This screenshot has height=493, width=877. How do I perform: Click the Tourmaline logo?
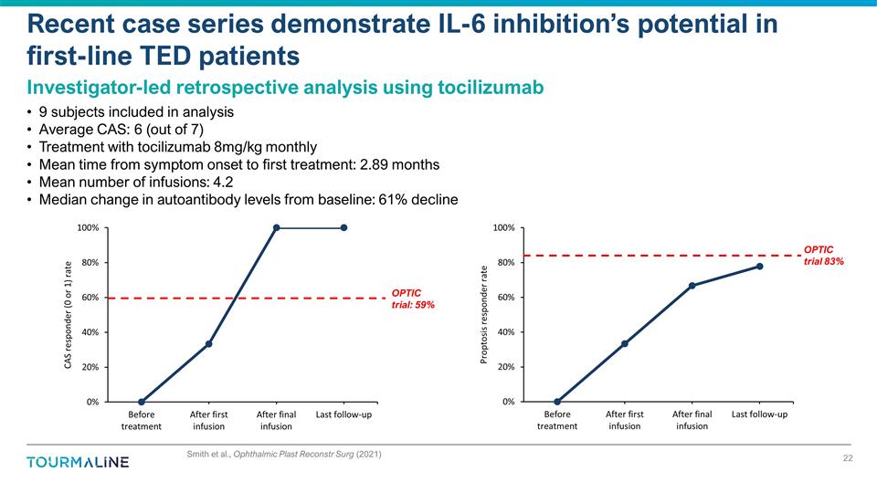(78, 462)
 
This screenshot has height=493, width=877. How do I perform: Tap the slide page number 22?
(847, 458)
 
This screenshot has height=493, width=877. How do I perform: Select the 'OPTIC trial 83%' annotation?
(823, 256)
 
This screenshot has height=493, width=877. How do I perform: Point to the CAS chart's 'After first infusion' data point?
(209, 343)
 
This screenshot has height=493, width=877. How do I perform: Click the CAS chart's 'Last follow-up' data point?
(343, 228)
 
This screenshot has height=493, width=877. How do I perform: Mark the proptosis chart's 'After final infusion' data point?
(692, 286)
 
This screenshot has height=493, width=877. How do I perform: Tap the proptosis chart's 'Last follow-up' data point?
(759, 267)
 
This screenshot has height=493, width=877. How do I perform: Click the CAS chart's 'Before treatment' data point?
(142, 402)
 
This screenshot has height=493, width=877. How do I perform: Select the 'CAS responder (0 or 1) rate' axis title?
(67, 315)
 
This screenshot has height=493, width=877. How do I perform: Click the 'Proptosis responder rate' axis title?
(483, 315)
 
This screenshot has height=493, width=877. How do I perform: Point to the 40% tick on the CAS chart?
(90, 332)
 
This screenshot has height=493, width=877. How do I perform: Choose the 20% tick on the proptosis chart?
(505, 367)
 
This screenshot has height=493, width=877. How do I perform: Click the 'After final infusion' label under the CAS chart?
(276, 420)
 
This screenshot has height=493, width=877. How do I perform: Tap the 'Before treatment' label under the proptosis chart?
(557, 420)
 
